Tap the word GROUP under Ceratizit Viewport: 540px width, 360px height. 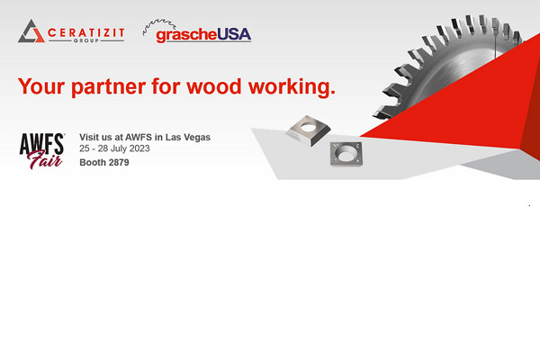click(85, 41)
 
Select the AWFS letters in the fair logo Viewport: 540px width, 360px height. click(41, 142)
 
